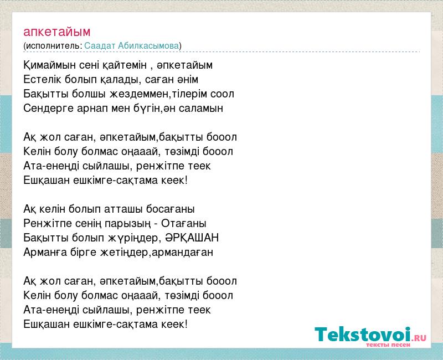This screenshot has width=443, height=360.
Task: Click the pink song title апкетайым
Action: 57,32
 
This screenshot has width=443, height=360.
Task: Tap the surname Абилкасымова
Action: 148,45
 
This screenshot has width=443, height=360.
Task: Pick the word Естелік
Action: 42,79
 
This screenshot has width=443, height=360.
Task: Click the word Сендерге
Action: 48,108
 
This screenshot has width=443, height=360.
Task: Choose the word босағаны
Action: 171,209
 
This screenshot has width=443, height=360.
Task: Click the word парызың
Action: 128,224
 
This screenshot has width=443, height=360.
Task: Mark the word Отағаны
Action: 184,224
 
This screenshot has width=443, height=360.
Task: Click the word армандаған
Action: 182,252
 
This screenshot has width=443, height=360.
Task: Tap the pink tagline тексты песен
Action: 388,344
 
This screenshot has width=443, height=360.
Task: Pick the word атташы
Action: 123,209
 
